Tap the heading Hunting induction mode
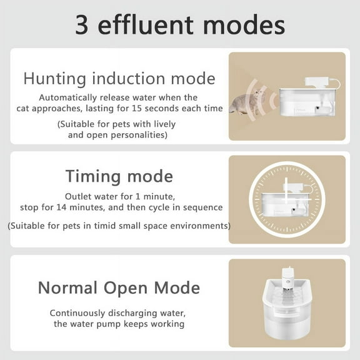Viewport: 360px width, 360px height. tap(119, 79)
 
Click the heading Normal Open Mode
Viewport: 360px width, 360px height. tap(119, 287)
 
